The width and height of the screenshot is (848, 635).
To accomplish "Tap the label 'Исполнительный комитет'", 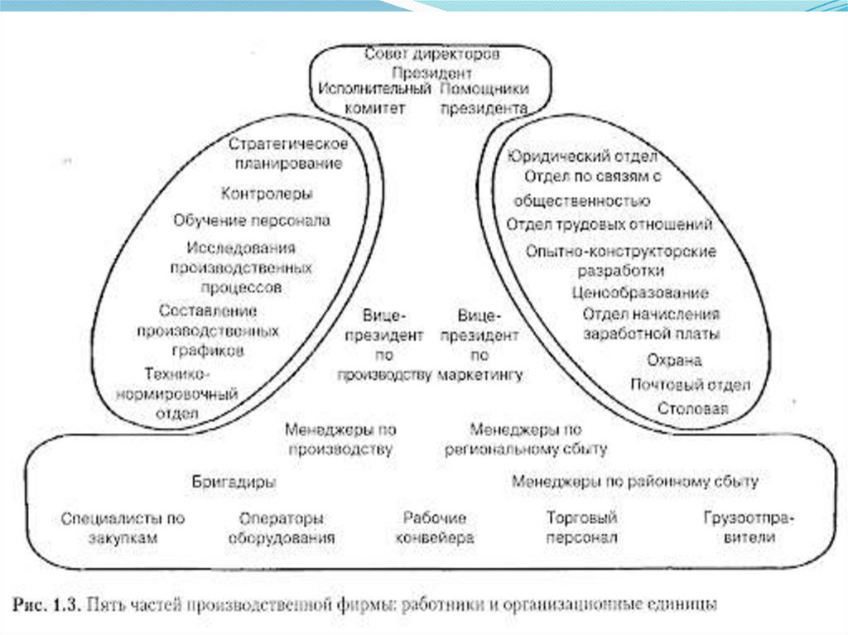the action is coord(375,98).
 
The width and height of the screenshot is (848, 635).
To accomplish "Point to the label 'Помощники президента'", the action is coord(484,98).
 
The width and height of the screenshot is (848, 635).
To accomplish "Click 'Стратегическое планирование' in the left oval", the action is coord(287,153).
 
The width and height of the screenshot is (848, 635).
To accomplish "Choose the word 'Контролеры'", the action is coord(267,194).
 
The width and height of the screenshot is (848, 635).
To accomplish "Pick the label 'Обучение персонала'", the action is coord(252,220).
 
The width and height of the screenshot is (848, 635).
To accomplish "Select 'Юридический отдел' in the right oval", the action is coord(583,156).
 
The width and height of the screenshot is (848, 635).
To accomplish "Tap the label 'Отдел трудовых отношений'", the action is coord(609,224).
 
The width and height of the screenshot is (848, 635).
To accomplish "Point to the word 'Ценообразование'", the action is coord(640,292).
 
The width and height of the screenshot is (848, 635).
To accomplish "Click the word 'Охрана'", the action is coord(674,360).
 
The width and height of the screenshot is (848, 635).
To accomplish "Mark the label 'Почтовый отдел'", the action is coord(690,385).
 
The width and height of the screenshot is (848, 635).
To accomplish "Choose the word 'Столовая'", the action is coord(693,409).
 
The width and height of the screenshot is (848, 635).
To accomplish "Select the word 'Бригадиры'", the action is coord(234,481).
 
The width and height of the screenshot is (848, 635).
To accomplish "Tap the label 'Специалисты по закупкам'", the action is coord(123,527).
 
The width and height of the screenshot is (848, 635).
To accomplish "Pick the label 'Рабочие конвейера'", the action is coord(435,527).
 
